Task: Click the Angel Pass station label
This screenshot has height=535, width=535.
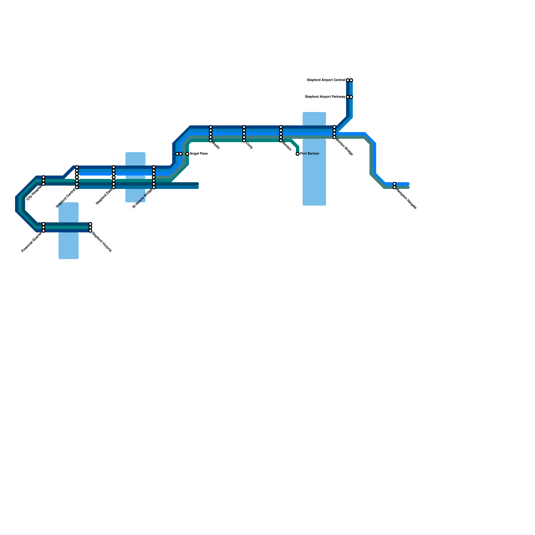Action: (x=199, y=154)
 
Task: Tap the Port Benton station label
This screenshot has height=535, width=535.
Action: (x=310, y=154)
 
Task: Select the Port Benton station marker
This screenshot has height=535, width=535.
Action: (x=298, y=154)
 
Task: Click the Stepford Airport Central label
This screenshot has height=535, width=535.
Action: (x=326, y=80)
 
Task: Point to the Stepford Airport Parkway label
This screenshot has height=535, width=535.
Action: (x=325, y=97)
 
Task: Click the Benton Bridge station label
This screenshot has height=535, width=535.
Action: (x=344, y=147)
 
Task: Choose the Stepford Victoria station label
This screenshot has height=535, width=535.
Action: (x=102, y=242)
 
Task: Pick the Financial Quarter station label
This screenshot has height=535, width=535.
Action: (x=31, y=242)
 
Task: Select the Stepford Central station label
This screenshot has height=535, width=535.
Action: (x=66, y=198)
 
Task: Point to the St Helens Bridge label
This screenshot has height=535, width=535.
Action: (x=142, y=198)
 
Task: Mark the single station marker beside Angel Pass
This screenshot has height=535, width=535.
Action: (x=187, y=154)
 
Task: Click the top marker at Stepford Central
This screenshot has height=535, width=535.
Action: (x=77, y=167)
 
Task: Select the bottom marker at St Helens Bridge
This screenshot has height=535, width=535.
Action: (x=154, y=187)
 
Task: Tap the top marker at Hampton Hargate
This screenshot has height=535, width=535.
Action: (x=395, y=184)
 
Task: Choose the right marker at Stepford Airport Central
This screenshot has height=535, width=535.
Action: (x=351, y=80)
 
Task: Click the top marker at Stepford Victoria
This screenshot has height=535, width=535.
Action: (x=90, y=224)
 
